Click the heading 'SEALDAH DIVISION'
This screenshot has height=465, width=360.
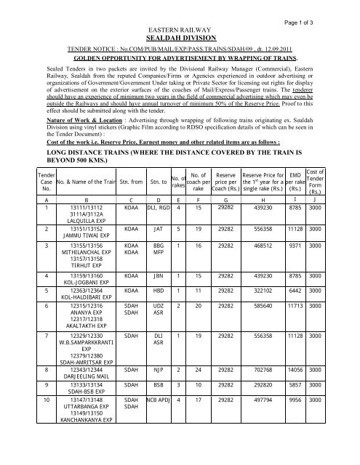[180, 33]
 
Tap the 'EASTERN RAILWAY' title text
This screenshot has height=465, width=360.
[180, 24]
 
